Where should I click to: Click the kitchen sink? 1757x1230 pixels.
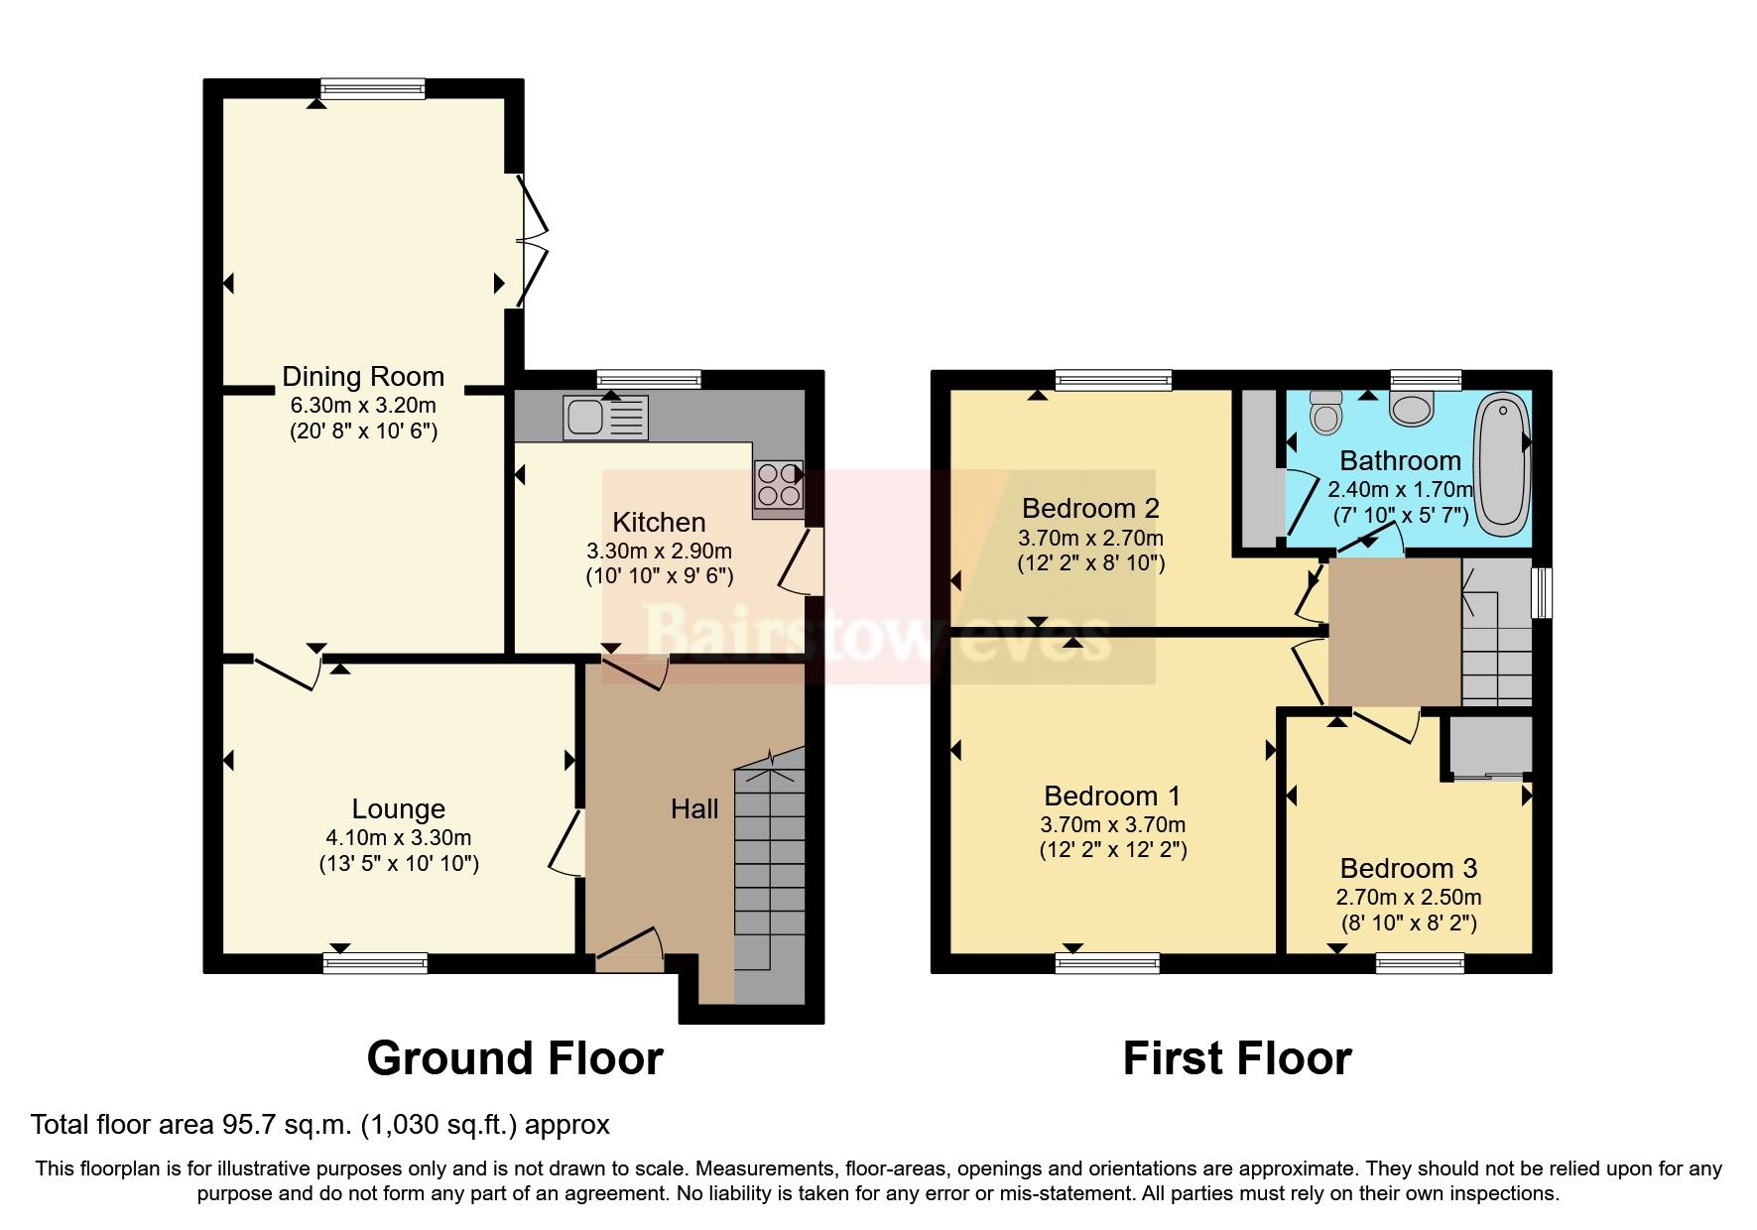click(x=605, y=417)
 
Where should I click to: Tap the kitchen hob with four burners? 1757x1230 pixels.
click(x=778, y=486)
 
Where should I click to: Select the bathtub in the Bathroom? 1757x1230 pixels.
click(x=1502, y=464)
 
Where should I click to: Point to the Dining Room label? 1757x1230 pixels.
click(x=363, y=377)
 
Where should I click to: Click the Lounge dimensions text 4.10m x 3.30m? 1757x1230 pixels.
click(x=398, y=837)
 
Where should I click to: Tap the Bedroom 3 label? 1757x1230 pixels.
click(x=1408, y=869)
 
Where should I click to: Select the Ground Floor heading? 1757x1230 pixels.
click(x=514, y=1058)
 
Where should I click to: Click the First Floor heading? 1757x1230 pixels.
click(x=1236, y=1058)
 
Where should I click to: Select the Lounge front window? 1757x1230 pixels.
click(x=376, y=962)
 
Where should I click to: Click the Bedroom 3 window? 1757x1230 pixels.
click(x=1420, y=962)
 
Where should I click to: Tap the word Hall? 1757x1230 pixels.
click(x=693, y=809)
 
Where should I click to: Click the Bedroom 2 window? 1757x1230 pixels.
click(x=1113, y=379)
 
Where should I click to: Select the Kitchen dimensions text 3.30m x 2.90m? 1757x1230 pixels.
click(x=659, y=551)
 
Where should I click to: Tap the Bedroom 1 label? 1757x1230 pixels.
click(x=1112, y=797)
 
